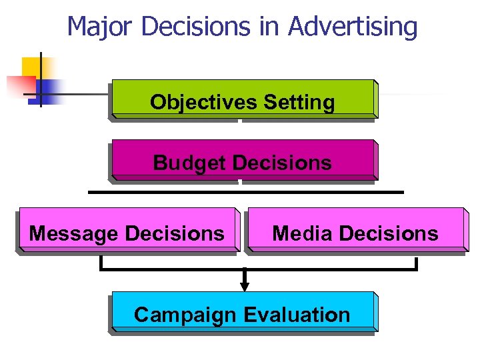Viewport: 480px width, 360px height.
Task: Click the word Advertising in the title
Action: point(353,27)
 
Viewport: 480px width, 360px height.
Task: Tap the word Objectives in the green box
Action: point(204,102)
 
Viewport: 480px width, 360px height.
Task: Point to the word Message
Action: point(74,233)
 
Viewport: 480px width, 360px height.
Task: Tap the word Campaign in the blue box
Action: point(186,315)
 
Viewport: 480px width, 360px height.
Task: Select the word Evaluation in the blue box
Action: point(297,315)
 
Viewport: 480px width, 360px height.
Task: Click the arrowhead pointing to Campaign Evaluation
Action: point(245,286)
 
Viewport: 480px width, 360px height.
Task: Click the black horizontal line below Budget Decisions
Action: point(246,192)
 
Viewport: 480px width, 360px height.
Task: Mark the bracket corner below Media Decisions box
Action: point(416,269)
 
